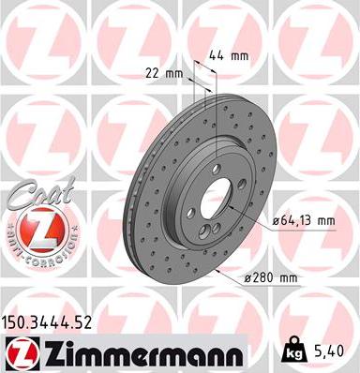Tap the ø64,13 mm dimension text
click(303, 221)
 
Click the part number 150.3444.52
click(53, 322)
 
